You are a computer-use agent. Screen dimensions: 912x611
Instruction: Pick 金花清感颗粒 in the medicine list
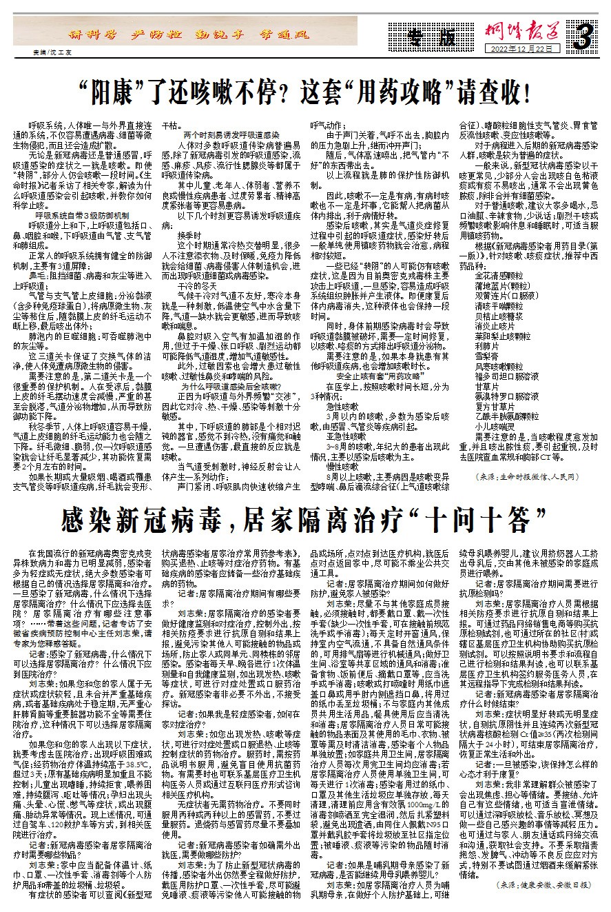(499, 276)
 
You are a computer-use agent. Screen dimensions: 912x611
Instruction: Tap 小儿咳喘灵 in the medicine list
(495, 427)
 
